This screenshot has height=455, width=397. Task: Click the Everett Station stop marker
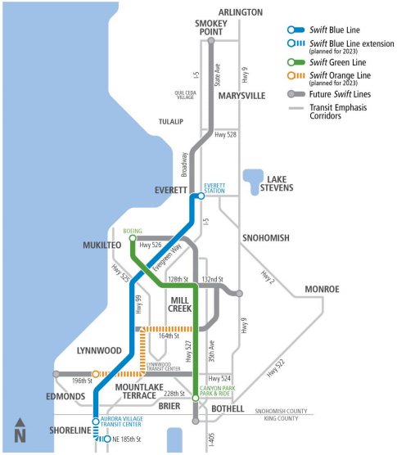[x=201, y=196]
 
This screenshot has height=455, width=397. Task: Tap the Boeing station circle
[x=132, y=239]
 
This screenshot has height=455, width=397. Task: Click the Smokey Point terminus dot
[x=210, y=40]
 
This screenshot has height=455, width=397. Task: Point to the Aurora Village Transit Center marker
[x=95, y=423]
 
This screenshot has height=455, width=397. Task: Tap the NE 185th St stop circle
[x=107, y=439]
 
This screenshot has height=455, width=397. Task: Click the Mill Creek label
[x=179, y=304]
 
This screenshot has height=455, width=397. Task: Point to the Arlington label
[x=240, y=12]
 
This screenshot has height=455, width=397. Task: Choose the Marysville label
[x=241, y=96]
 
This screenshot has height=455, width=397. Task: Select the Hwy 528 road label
[x=225, y=134]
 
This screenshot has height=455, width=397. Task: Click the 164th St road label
[x=169, y=335]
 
